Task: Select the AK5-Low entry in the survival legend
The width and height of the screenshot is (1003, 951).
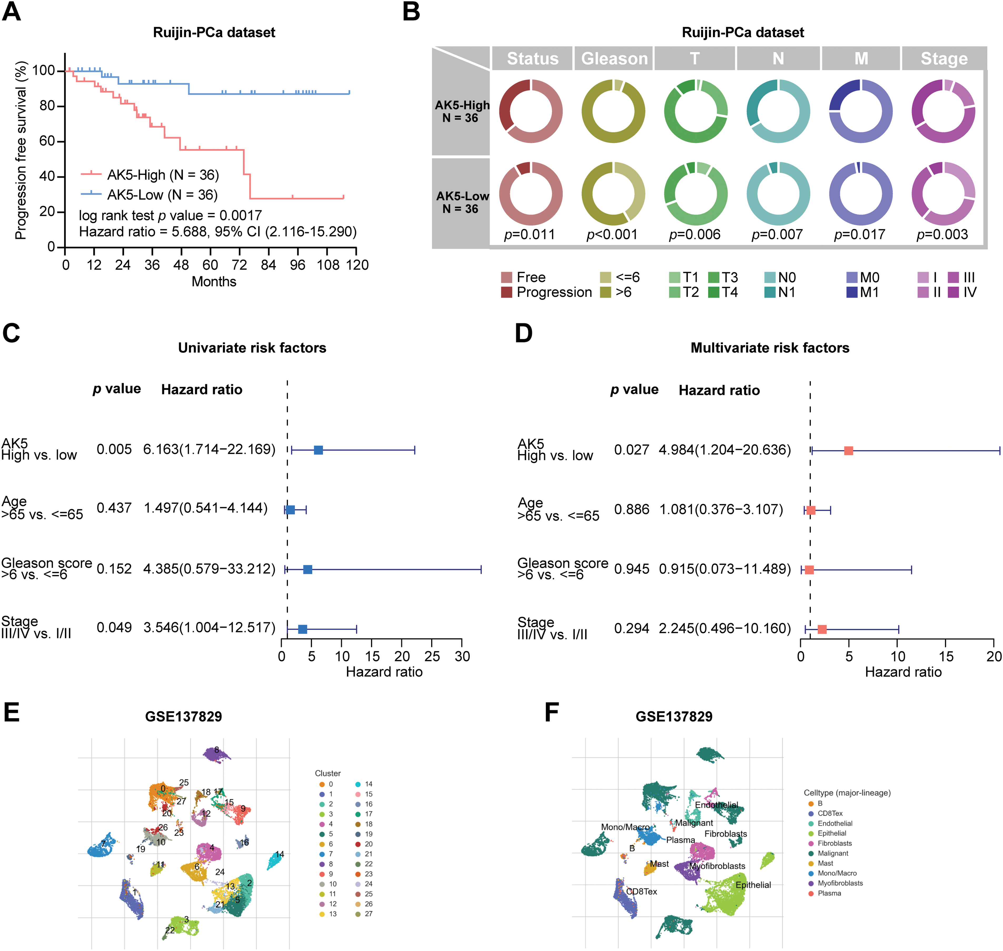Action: click(x=162, y=195)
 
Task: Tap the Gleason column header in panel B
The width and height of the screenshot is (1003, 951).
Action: click(x=614, y=59)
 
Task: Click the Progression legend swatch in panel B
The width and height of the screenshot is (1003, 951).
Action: click(x=506, y=293)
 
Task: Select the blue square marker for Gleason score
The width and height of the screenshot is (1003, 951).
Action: click(x=307, y=569)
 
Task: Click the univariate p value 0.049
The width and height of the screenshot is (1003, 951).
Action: click(x=114, y=628)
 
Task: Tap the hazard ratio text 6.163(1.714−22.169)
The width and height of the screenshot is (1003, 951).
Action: click(x=209, y=449)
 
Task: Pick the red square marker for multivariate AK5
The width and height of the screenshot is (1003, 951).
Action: click(x=848, y=450)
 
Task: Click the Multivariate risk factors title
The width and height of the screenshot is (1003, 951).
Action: click(x=770, y=348)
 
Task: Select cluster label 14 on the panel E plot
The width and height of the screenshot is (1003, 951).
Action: click(x=279, y=854)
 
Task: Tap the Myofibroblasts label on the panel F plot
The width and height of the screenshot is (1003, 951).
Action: click(x=717, y=866)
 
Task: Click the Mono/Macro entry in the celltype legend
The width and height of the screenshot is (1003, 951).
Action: click(x=837, y=873)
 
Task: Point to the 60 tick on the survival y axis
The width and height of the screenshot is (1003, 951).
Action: click(x=47, y=141)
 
